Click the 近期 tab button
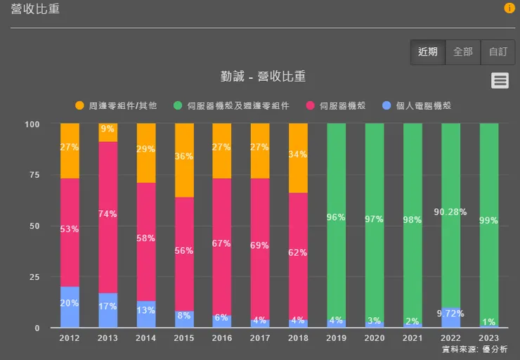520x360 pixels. pos(427,52)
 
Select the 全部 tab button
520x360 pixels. pos(463,52)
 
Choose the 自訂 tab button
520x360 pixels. pos(498,52)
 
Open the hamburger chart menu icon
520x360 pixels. pos(500,80)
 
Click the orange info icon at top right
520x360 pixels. pos(509,8)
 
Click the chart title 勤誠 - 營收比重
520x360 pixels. pos(263,77)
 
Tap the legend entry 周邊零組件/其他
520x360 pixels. pos(116,105)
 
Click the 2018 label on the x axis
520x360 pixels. pos(298,338)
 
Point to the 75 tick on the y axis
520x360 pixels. pos(33,175)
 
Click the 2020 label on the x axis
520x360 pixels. pos(374,338)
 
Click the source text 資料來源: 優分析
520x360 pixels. pos(474,349)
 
